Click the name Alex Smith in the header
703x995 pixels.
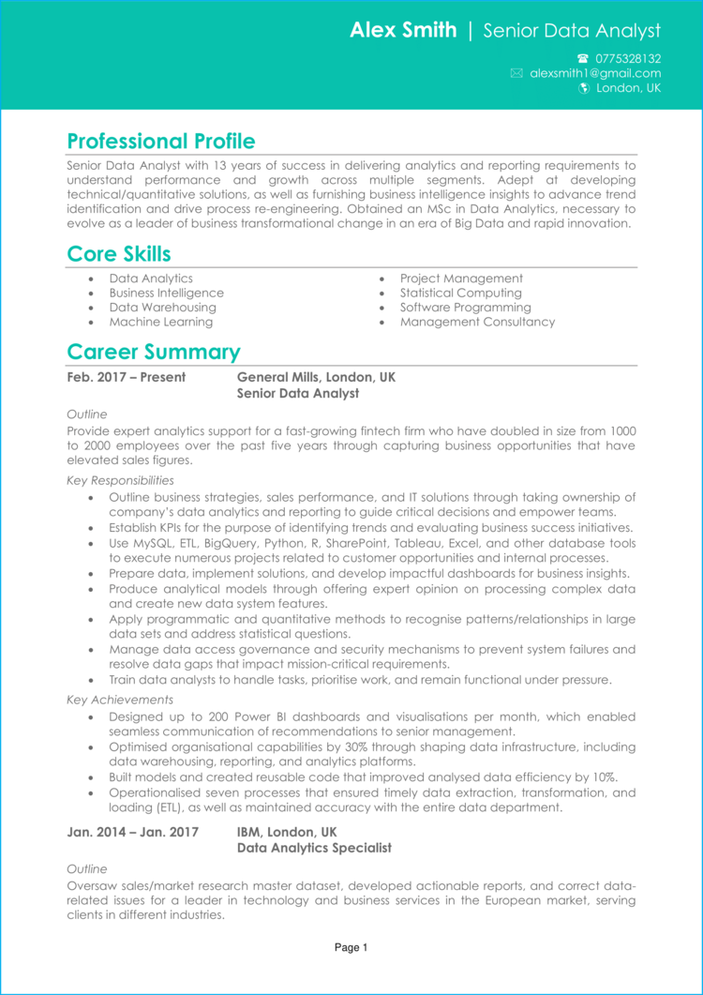pyautogui.click(x=403, y=31)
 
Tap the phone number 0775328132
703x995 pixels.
pyautogui.click(x=627, y=58)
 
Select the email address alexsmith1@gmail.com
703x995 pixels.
pyautogui.click(x=594, y=73)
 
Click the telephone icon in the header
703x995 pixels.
pyautogui.click(x=583, y=58)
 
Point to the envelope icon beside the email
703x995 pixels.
pyautogui.click(x=516, y=73)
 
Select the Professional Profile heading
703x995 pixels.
pyautogui.click(x=160, y=142)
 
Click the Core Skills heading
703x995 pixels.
pyautogui.click(x=118, y=254)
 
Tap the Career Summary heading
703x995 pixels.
pyautogui.click(x=153, y=353)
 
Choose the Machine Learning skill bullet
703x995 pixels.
pyautogui.click(x=160, y=322)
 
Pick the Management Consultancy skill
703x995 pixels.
pyautogui.click(x=477, y=322)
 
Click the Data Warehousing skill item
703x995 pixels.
pyautogui.click(x=162, y=308)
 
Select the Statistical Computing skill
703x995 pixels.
pyautogui.click(x=461, y=293)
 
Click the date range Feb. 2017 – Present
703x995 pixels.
pyautogui.click(x=126, y=377)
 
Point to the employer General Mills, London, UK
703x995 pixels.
pyautogui.click(x=316, y=377)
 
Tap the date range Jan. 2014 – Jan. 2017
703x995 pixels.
pyautogui.click(x=132, y=832)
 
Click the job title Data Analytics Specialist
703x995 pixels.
pyautogui.click(x=314, y=848)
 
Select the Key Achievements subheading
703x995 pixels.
pyautogui.click(x=120, y=700)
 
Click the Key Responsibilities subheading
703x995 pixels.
pyautogui.click(x=120, y=480)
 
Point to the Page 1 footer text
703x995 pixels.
pyautogui.click(x=351, y=948)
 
